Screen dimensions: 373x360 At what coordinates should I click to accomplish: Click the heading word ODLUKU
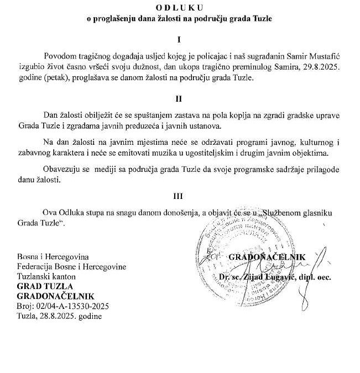[x=180, y=7]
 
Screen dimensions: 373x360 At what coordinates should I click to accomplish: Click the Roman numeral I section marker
[x=179, y=39]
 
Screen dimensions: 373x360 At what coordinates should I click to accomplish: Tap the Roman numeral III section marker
[x=179, y=196]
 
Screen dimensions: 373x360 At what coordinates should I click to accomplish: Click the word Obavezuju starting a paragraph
[x=62, y=169]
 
